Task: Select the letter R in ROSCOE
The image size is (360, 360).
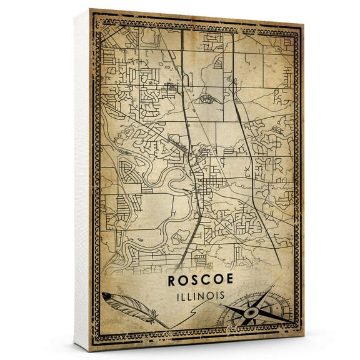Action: click(x=172, y=281)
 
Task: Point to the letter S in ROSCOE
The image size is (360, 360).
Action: click(x=193, y=281)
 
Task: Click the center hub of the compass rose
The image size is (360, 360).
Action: click(x=251, y=310)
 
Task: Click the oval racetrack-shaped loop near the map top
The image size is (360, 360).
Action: click(x=207, y=99)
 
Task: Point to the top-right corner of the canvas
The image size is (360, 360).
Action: click(x=304, y=25)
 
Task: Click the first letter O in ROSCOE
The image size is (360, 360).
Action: click(x=182, y=281)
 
